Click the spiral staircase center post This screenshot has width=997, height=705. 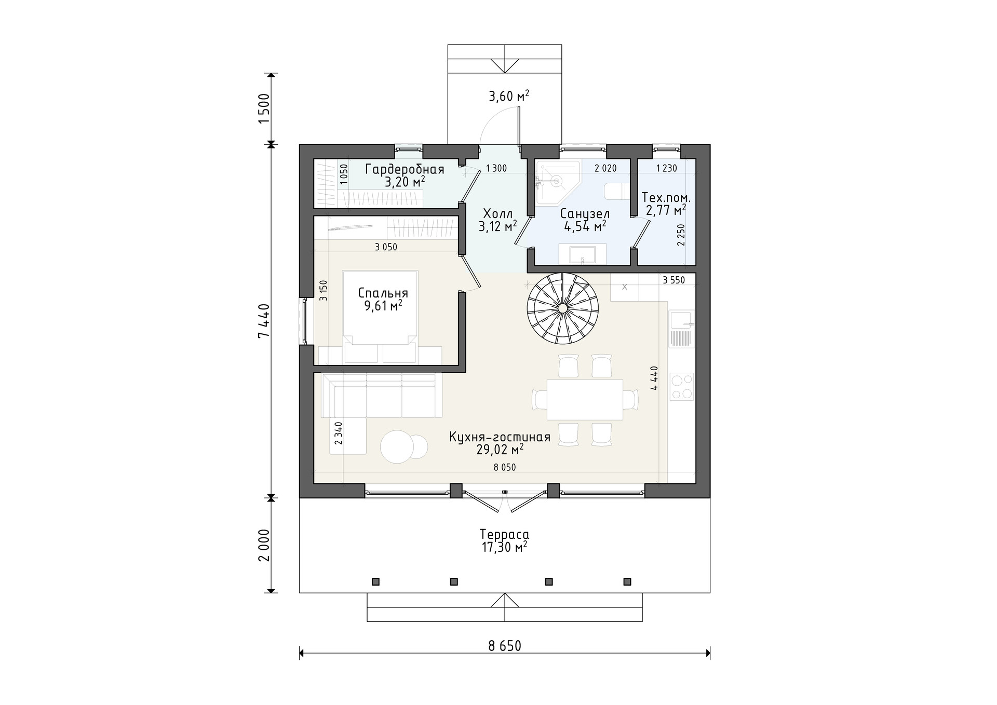coord(562,308)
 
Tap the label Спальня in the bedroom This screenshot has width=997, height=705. coord(383,293)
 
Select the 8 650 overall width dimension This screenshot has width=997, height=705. coord(505,646)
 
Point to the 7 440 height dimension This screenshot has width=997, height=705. coord(264,320)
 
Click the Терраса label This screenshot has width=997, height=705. coord(504,535)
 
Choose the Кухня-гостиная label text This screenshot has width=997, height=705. coord(500,437)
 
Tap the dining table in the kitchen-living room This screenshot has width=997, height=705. coord(584,400)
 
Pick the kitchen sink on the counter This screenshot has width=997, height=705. coord(682,329)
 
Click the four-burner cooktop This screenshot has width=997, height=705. coord(682,387)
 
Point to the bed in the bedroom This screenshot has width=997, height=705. coord(381,317)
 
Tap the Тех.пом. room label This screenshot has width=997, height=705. coord(666,198)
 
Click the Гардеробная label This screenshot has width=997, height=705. coord(405,170)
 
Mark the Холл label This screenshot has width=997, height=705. coord(497,214)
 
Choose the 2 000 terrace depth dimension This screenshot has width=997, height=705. coord(264,545)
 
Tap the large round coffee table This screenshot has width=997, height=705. coord(398,447)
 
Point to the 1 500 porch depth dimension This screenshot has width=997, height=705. coord(264,109)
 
